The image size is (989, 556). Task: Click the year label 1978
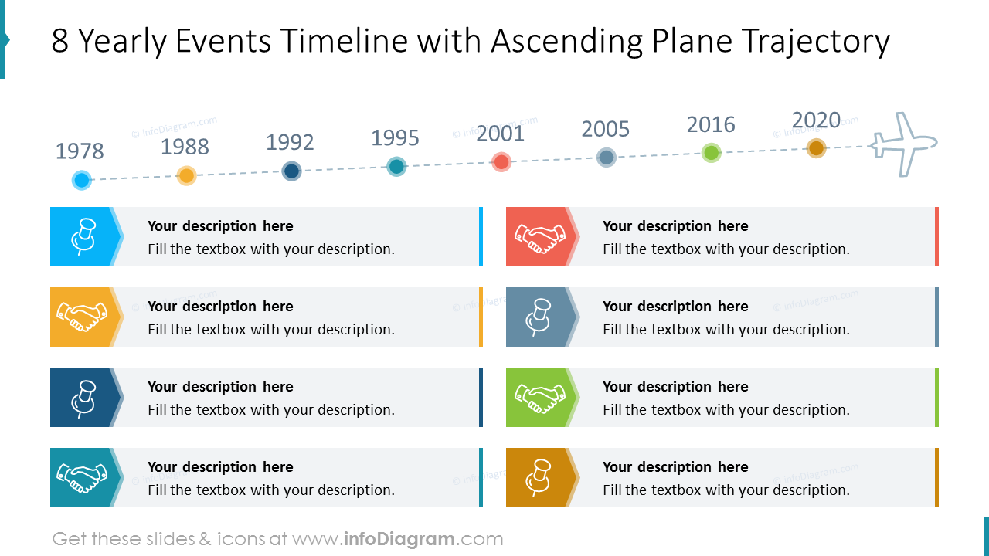tap(80, 151)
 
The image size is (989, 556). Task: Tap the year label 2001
tap(500, 134)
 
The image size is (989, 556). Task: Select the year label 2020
tap(816, 120)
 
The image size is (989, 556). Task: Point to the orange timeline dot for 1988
tap(186, 175)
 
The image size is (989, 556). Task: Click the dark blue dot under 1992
tap(291, 171)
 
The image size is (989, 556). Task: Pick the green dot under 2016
tap(712, 152)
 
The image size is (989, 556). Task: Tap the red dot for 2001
tap(501, 161)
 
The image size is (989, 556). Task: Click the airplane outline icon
tap(902, 144)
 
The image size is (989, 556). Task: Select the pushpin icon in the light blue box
tap(83, 236)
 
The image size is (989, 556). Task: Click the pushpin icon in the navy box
tap(83, 397)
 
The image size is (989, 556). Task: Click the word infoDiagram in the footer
tap(399, 539)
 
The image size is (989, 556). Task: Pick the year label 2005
tap(606, 129)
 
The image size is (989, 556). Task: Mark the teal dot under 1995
tap(396, 166)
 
